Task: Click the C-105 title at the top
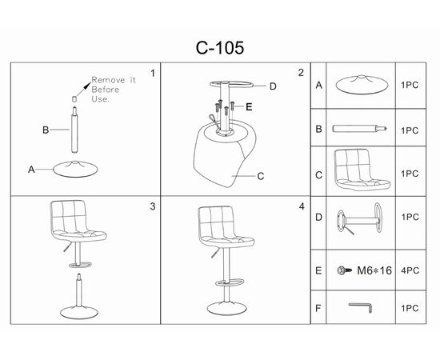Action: click(x=220, y=48)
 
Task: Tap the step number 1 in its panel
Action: click(x=153, y=74)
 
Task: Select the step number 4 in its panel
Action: click(x=302, y=206)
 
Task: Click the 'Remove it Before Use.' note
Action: click(x=114, y=90)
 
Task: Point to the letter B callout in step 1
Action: click(x=46, y=130)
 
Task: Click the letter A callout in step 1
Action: click(x=31, y=170)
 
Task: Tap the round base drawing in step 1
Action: click(x=75, y=169)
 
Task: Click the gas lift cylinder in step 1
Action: click(x=74, y=130)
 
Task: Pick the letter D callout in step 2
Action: click(x=273, y=86)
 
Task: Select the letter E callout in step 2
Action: click(x=249, y=107)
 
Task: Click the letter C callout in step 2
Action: click(x=261, y=176)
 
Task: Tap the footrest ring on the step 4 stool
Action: click(x=230, y=282)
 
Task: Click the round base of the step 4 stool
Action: click(x=226, y=308)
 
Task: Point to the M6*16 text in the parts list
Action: click(x=374, y=270)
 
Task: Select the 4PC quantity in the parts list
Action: click(x=410, y=270)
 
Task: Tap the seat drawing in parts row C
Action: click(x=362, y=170)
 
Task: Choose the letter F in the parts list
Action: click(x=318, y=308)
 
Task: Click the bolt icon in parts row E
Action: click(x=344, y=270)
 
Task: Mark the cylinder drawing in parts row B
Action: click(x=360, y=129)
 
